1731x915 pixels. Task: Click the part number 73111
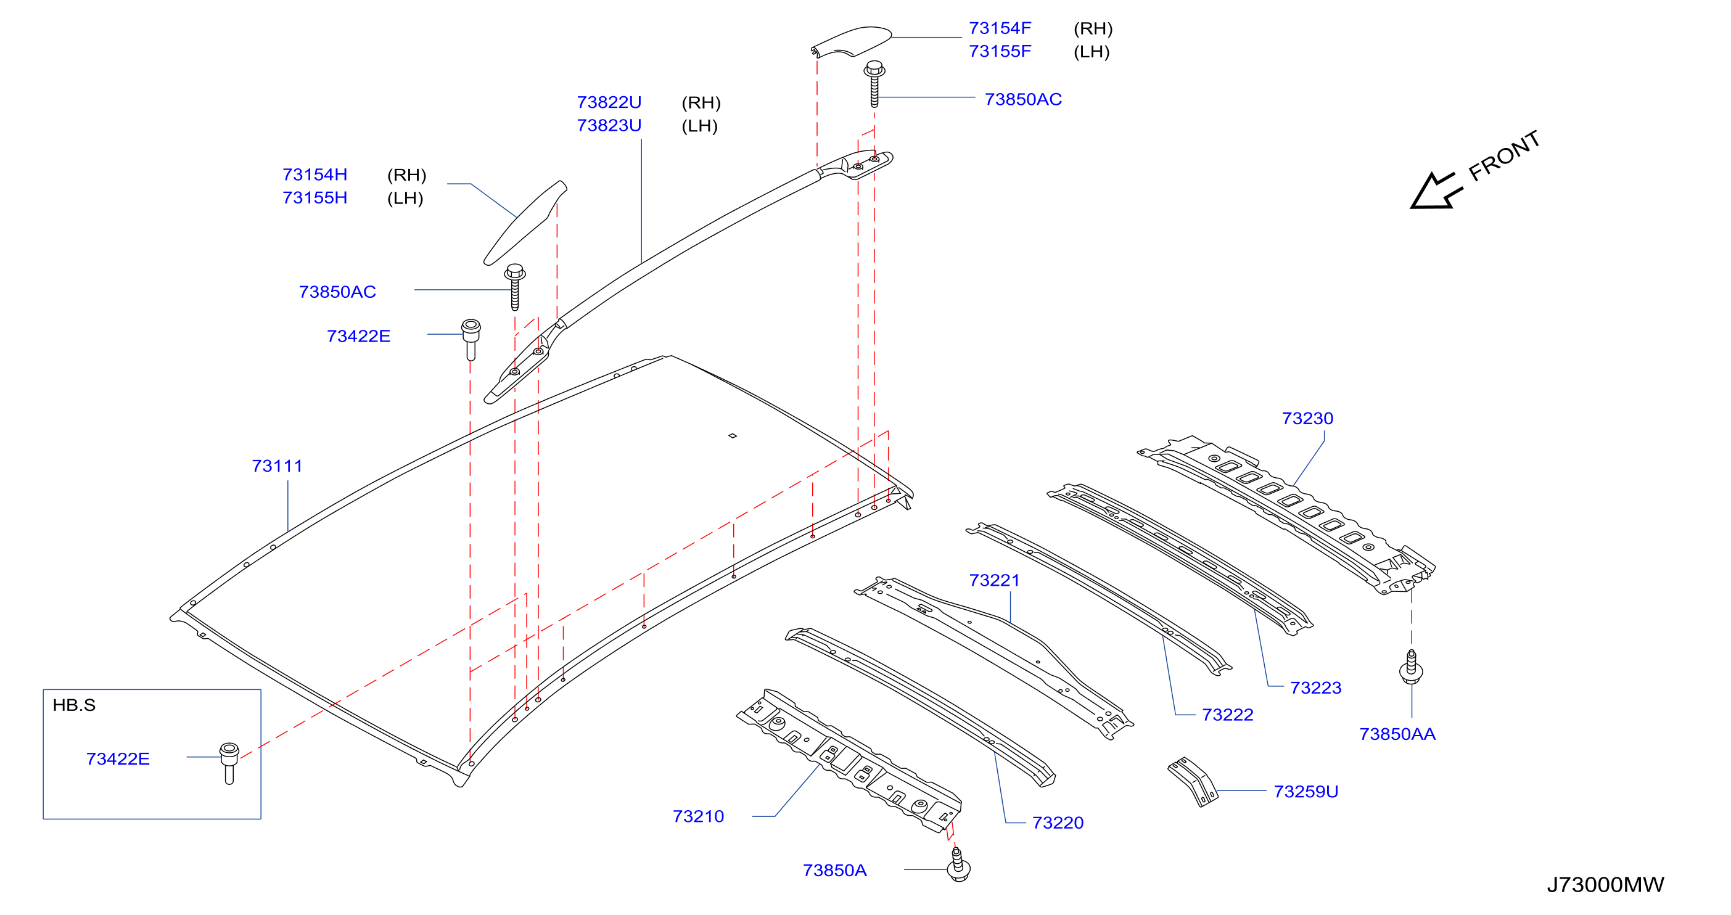pos(277,466)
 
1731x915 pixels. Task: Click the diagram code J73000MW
pos(1605,884)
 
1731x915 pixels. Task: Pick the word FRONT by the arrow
pos(1504,156)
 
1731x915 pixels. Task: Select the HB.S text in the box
pos(74,705)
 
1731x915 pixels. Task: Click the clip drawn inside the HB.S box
pos(229,763)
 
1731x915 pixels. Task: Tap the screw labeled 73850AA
pos(1410,667)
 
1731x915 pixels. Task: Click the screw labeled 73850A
pos(958,864)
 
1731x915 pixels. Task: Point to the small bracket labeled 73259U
pos(1193,781)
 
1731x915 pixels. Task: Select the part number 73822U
pos(609,102)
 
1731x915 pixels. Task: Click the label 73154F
pos(999,28)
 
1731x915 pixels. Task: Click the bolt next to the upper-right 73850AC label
pos(874,84)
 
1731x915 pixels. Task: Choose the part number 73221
pos(994,580)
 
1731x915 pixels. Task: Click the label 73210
pos(698,816)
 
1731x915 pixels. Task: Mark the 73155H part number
pos(315,197)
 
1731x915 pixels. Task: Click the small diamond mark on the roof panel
pos(733,436)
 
